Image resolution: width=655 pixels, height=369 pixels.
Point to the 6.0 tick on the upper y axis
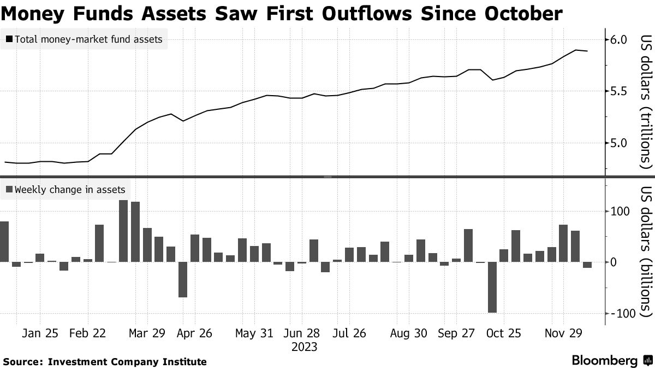[621, 40]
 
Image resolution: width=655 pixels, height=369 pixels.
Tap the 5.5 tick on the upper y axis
[621, 91]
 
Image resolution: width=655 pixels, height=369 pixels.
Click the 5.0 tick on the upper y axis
[621, 143]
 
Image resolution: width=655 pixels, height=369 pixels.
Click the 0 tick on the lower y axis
[614, 262]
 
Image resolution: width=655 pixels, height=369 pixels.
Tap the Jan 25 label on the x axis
[40, 333]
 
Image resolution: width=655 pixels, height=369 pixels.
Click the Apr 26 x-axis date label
[194, 333]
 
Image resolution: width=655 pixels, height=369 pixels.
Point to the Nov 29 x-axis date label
[564, 333]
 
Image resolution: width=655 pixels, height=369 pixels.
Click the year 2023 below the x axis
[305, 347]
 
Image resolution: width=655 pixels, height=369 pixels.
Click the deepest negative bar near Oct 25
[492, 288]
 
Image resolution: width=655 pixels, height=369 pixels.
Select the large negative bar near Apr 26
[183, 280]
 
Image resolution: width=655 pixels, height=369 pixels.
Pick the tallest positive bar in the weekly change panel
[123, 231]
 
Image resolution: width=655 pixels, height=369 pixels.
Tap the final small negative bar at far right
[587, 265]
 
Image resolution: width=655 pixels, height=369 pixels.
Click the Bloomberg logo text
[604, 361]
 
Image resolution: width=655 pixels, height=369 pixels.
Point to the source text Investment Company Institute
[127, 361]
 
